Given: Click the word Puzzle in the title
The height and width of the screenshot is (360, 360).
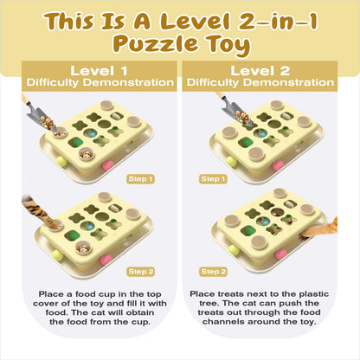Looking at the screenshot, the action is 156,44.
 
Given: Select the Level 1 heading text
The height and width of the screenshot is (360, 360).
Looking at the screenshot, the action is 99,71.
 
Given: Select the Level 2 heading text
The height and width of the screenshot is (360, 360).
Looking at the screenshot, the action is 260,71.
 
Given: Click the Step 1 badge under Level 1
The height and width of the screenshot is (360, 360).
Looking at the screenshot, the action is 140,179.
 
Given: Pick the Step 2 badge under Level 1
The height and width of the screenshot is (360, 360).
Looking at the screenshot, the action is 140,272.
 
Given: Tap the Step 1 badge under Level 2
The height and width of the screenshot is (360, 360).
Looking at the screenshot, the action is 213,179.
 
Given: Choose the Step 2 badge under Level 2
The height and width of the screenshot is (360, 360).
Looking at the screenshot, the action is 213,272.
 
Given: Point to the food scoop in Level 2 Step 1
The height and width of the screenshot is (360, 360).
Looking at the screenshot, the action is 235,110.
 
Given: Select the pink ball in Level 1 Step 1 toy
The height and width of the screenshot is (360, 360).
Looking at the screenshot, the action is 107,165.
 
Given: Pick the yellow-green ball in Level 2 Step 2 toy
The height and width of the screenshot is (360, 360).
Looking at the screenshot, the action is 234,250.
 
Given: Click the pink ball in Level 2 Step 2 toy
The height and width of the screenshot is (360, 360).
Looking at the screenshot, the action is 281,254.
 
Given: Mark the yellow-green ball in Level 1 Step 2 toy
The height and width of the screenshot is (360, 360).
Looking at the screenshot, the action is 58,255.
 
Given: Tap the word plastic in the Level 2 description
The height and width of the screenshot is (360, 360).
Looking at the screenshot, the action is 313,294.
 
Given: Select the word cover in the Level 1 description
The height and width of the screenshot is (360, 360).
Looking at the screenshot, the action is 46,304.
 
